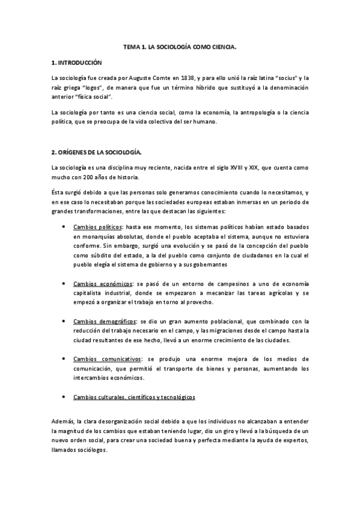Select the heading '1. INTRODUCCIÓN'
pyautogui.click(x=78, y=62)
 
